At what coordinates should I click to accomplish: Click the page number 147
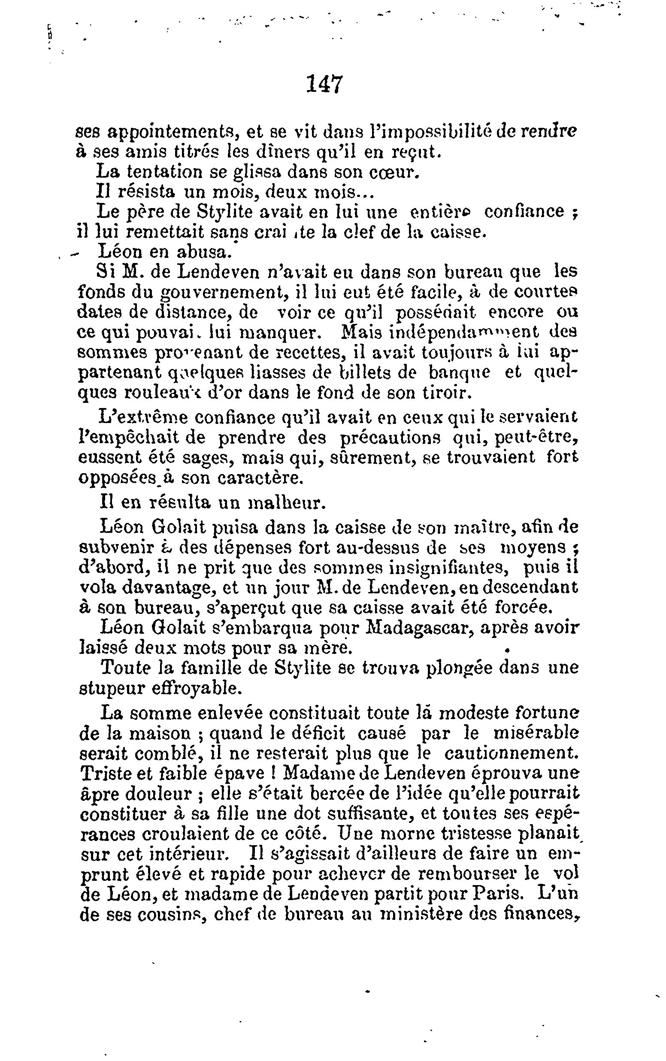(324, 84)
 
